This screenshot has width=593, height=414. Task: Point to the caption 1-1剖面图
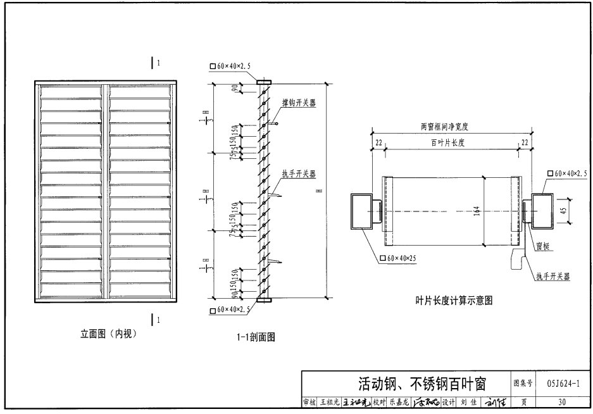coord(253,337)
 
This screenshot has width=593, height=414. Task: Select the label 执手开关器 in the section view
coord(299,174)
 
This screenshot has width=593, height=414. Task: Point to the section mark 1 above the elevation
coord(154,63)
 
